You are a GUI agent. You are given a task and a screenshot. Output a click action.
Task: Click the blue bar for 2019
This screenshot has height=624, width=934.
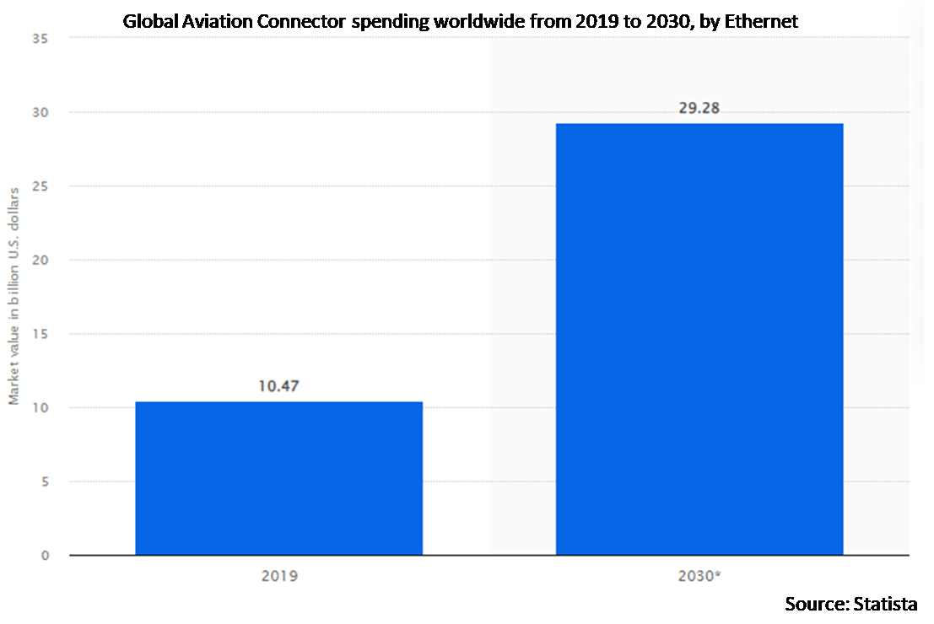coord(278,478)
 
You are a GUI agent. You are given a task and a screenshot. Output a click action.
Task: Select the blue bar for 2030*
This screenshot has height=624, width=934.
coord(699,339)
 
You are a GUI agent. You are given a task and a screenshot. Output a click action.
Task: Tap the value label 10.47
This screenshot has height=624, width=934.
coord(278,387)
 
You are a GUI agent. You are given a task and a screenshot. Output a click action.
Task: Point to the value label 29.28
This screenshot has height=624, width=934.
coord(699,109)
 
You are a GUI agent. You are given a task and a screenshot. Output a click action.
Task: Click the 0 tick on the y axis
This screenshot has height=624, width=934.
coord(44,556)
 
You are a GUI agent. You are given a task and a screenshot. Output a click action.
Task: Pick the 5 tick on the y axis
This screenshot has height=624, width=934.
coord(44,481)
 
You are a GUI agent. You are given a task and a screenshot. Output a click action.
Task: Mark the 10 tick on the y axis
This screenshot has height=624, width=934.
coord(40,408)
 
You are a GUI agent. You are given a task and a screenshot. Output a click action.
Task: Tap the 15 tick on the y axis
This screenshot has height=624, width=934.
coord(40,334)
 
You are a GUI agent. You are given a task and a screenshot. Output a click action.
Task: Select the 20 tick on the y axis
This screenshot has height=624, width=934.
coord(40,260)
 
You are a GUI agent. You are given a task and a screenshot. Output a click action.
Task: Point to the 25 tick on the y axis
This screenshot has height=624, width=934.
coord(40,186)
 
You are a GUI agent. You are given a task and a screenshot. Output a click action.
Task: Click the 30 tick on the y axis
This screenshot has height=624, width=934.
coord(40,112)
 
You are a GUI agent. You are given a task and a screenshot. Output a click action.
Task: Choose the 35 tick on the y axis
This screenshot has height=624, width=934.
coord(40,39)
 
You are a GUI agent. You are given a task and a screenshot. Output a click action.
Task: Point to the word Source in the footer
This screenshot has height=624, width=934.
coord(813,604)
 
